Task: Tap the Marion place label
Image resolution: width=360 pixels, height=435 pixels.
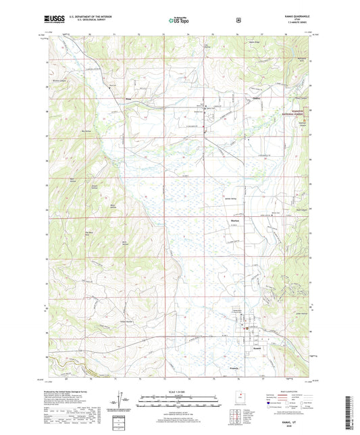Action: tap(228, 221)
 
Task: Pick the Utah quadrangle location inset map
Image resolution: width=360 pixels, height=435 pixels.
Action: tap(238, 401)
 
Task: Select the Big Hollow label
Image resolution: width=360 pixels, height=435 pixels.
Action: tap(86, 132)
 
